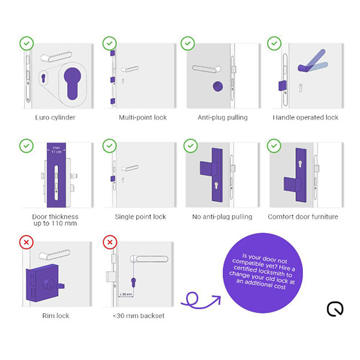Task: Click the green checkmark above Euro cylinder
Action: tap(26, 43)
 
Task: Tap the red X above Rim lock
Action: tap(26, 242)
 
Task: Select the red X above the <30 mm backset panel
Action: tap(109, 242)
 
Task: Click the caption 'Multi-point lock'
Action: tap(143, 118)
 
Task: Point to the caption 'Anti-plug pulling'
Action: tap(223, 118)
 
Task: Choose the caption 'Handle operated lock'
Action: tap(305, 118)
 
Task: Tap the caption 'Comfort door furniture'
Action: tap(302, 217)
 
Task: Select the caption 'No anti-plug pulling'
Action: tap(223, 217)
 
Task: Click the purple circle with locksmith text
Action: tap(264, 273)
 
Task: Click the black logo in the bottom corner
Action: tap(335, 310)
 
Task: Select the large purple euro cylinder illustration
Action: tap(73, 84)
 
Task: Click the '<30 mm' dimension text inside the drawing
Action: tap(125, 294)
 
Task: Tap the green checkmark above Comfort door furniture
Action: tap(274, 145)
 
